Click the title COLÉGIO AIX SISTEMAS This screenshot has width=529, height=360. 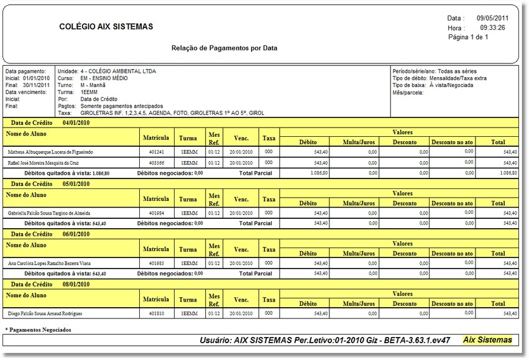pyautogui.click(x=106, y=27)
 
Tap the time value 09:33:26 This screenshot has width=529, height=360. pyautogui.click(x=492, y=28)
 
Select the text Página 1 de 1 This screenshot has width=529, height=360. pyautogui.click(x=468, y=37)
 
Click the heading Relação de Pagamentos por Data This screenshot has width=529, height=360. pyautogui.click(x=224, y=48)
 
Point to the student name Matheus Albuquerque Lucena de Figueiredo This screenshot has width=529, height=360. pyautogui.click(x=50, y=152)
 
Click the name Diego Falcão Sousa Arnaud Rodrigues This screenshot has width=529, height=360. pyautogui.click(x=45, y=314)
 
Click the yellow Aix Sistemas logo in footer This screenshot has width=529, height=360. pyautogui.click(x=487, y=340)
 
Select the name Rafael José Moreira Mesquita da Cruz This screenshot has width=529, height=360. pyautogui.click(x=43, y=162)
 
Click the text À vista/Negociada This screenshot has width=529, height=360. pyautogui.click(x=451, y=85)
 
